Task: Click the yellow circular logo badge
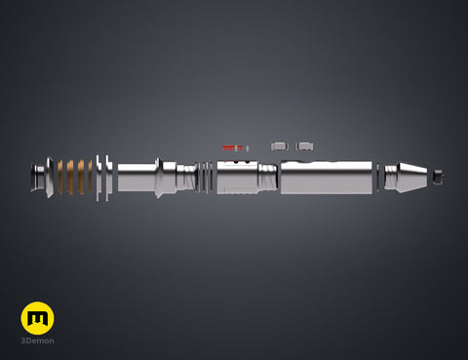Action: (37, 318)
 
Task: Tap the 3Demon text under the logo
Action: (37, 340)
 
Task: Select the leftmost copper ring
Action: (60, 178)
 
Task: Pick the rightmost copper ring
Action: (90, 178)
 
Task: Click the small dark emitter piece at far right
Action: (439, 177)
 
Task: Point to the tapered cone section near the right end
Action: (412, 178)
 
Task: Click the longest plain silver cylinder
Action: (327, 178)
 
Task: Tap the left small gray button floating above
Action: (280, 146)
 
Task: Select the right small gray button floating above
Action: (304, 146)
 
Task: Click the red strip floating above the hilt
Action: (232, 148)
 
